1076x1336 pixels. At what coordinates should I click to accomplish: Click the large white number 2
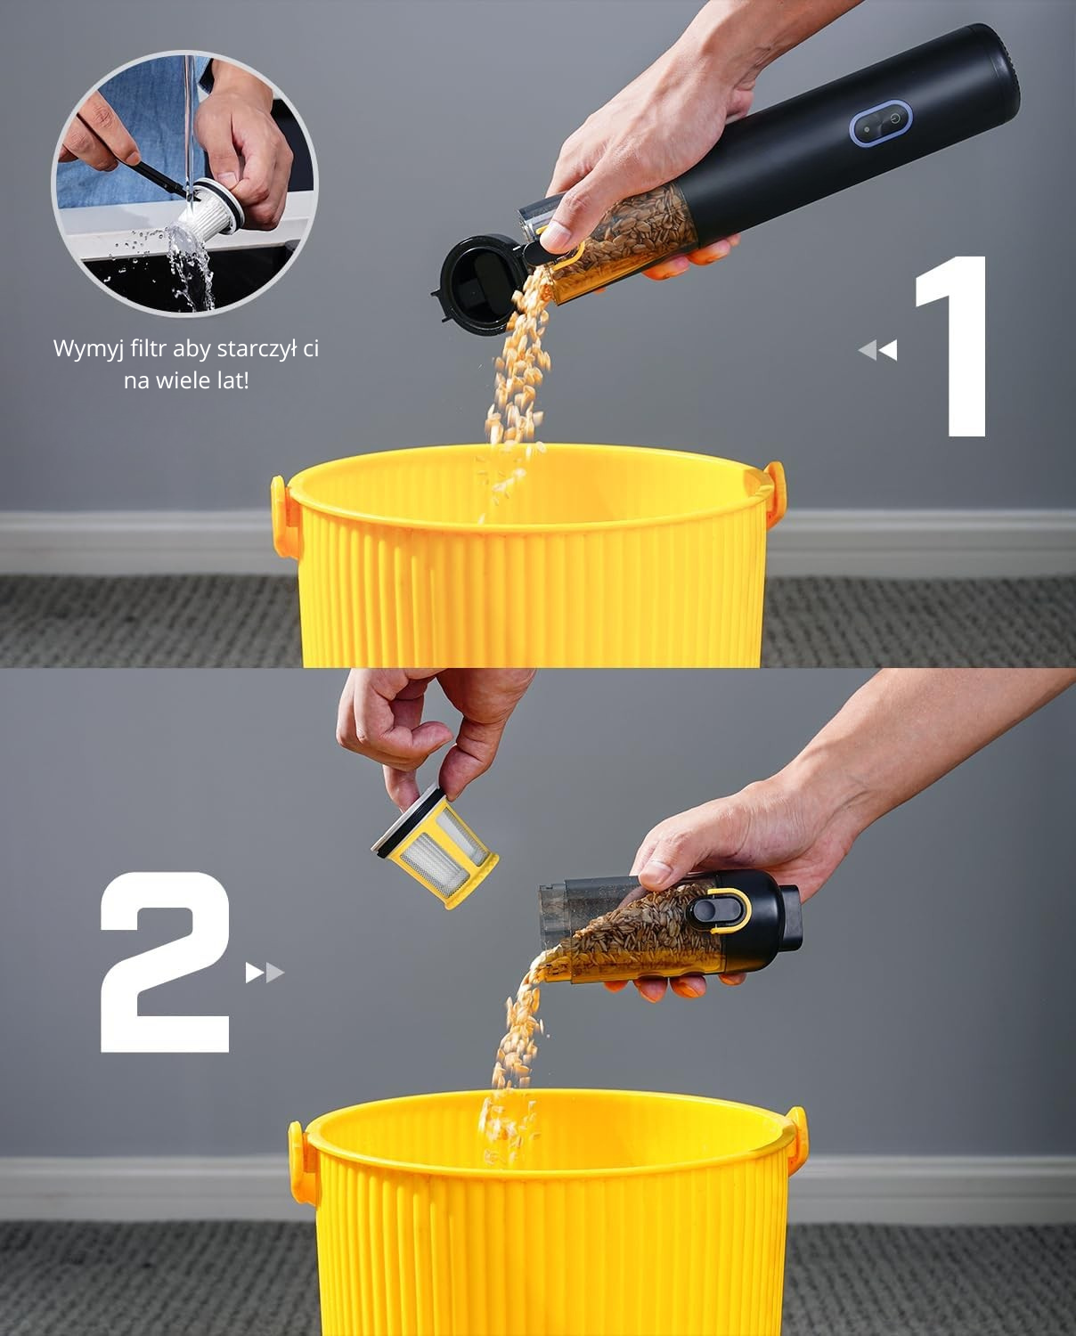[165, 962]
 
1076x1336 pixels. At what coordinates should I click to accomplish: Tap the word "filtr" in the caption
[149, 348]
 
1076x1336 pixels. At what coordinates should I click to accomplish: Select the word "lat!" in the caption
[231, 380]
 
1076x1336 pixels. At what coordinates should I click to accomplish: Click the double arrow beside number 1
[877, 350]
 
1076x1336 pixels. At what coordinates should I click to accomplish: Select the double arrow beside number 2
[265, 973]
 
